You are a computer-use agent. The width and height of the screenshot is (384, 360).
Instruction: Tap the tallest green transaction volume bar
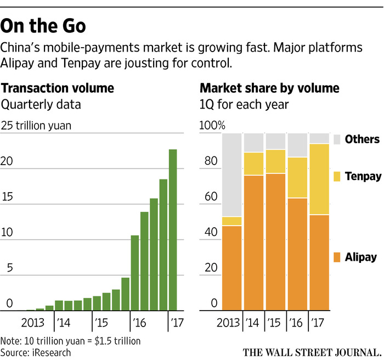click(x=173, y=230)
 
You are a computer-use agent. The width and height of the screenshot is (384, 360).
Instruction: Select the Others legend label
click(x=362, y=140)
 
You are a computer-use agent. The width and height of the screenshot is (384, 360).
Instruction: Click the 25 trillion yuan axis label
click(x=36, y=126)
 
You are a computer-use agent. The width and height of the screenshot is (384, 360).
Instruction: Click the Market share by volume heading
click(x=269, y=88)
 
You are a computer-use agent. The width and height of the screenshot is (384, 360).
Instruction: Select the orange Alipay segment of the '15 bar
click(x=275, y=241)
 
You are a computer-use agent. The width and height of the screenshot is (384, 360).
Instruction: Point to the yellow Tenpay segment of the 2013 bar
click(x=231, y=221)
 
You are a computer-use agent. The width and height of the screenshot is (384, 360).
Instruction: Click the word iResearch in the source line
click(x=52, y=352)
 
